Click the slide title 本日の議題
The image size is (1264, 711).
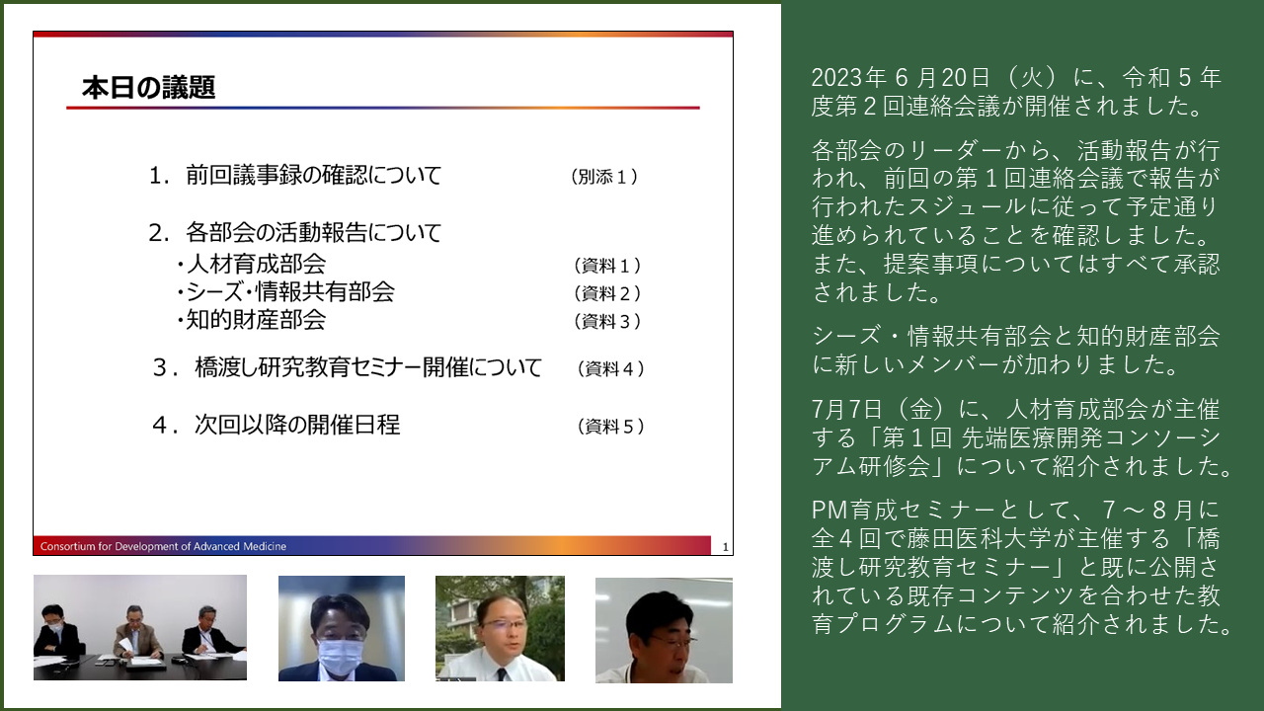[148, 88]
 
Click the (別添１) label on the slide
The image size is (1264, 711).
[603, 177]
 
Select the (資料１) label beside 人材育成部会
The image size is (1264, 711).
[607, 266]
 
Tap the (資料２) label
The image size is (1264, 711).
[607, 293]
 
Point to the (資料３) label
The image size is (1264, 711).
[607, 321]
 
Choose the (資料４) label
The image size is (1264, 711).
[610, 369]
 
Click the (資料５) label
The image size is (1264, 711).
[610, 426]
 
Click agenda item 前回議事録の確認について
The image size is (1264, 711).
[314, 175]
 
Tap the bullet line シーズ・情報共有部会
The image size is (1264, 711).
[285, 291]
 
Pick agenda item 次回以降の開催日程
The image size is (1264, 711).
[297, 425]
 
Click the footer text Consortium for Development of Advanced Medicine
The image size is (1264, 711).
[163, 546]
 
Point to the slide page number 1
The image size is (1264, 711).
[725, 547]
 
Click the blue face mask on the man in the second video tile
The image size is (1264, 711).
[341, 656]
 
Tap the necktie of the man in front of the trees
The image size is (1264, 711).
[501, 673]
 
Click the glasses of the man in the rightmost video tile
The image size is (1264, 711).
[674, 642]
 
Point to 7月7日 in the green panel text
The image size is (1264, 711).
[846, 409]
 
